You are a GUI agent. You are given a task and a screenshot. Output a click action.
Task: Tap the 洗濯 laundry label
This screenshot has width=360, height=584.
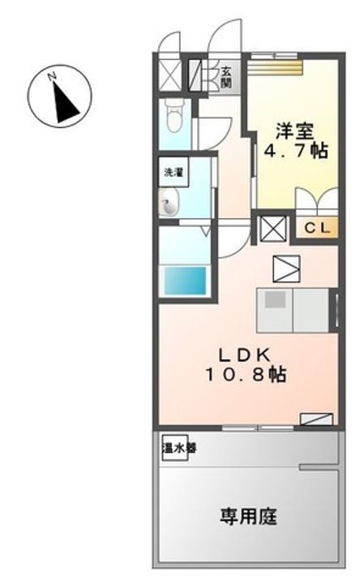click(172, 172)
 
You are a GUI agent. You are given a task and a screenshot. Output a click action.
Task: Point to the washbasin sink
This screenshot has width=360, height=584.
click(169, 202)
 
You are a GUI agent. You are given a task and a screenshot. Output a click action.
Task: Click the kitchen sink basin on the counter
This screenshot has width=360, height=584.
click(275, 299)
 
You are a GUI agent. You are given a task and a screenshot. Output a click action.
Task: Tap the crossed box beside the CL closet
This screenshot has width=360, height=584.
click(271, 230)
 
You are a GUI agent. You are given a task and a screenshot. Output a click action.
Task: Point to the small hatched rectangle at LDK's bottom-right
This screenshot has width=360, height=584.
click(315, 419)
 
